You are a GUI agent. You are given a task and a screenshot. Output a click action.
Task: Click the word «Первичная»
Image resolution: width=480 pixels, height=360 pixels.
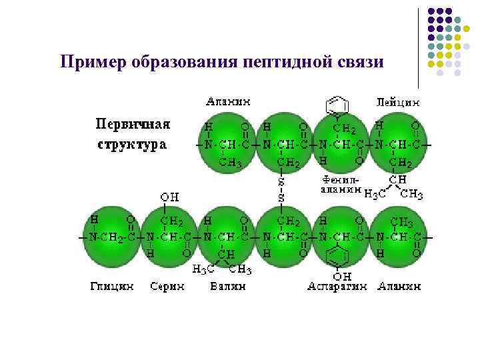point(133,124)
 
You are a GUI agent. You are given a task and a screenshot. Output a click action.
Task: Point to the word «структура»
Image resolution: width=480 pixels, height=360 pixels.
point(132,143)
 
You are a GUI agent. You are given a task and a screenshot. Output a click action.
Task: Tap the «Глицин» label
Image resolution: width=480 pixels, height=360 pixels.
point(111,286)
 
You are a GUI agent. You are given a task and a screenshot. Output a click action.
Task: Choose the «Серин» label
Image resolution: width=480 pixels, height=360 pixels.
point(167,286)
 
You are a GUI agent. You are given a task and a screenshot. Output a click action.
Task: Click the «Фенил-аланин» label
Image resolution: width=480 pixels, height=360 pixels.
point(340,184)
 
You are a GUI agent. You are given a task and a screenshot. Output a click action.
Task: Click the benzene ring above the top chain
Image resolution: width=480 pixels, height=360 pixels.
point(337,106)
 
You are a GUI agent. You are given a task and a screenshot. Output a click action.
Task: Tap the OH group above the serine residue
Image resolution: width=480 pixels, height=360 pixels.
point(169,197)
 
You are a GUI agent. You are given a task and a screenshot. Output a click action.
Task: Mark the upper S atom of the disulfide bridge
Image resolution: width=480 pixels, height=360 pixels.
point(281,181)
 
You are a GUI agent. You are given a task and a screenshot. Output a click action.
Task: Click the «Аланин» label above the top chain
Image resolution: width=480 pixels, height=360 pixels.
point(228,102)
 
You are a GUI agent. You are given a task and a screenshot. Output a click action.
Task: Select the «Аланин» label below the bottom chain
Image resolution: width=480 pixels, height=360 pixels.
point(399,286)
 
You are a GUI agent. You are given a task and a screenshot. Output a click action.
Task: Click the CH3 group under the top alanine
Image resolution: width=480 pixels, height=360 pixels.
point(230,162)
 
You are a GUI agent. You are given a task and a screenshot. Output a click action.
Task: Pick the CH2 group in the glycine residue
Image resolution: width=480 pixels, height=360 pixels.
point(114,237)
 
